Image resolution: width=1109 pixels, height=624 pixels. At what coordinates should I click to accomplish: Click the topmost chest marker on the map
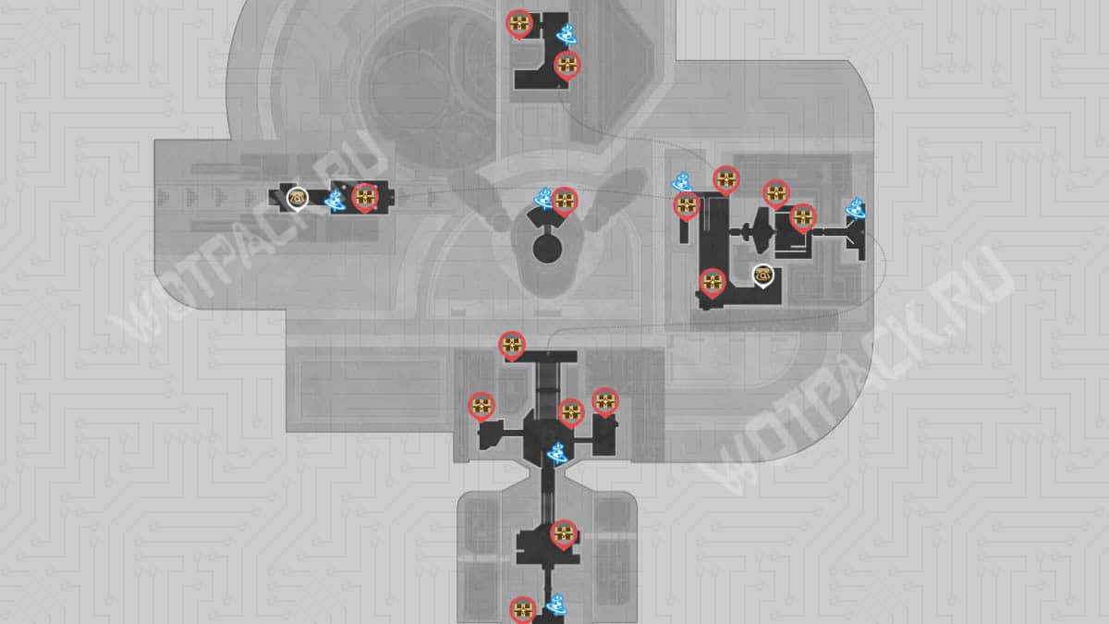tap(519, 24)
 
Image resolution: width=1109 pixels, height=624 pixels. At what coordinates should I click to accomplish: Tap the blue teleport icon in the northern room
tap(567, 35)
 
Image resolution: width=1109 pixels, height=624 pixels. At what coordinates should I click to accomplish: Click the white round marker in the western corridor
tap(298, 197)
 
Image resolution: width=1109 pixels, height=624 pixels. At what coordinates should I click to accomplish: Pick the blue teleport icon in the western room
tap(336, 198)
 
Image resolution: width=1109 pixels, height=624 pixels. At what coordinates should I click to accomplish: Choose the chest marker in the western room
tap(365, 197)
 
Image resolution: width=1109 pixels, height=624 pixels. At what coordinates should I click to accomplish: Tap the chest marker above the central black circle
tap(564, 200)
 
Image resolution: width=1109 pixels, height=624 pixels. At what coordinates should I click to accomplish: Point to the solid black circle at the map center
tap(547, 249)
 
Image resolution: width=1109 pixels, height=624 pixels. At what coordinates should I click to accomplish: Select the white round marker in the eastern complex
tap(763, 275)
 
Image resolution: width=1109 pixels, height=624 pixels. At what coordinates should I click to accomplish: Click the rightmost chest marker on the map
tap(803, 217)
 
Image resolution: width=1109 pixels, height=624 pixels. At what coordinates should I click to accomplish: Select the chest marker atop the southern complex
tap(511, 346)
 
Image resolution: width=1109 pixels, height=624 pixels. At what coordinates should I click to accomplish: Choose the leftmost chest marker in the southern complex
tap(481, 405)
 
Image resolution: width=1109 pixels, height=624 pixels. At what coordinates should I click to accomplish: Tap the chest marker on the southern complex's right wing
tap(604, 400)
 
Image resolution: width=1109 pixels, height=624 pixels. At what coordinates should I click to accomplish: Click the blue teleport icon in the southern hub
tap(558, 453)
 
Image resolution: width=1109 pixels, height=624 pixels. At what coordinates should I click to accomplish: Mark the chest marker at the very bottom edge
tap(522, 608)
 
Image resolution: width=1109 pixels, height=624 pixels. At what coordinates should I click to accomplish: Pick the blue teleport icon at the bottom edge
tap(555, 606)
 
